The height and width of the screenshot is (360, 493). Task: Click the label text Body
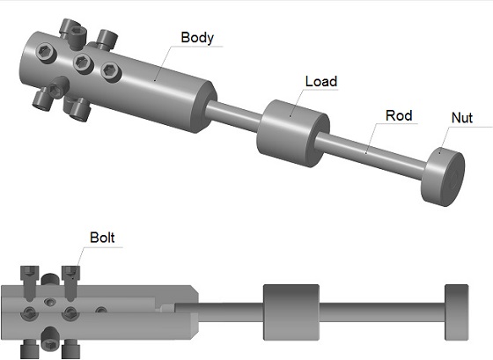(x=197, y=38)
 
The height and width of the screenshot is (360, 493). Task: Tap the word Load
(x=321, y=82)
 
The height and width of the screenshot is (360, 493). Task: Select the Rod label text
(x=399, y=115)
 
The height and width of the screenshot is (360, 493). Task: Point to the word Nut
(x=462, y=118)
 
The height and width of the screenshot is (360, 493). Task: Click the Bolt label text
(x=102, y=238)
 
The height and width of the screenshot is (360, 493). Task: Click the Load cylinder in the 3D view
(x=292, y=133)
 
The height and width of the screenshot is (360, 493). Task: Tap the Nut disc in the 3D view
(x=443, y=177)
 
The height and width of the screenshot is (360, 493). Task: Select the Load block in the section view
(x=291, y=312)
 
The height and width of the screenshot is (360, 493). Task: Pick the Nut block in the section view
(x=457, y=312)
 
